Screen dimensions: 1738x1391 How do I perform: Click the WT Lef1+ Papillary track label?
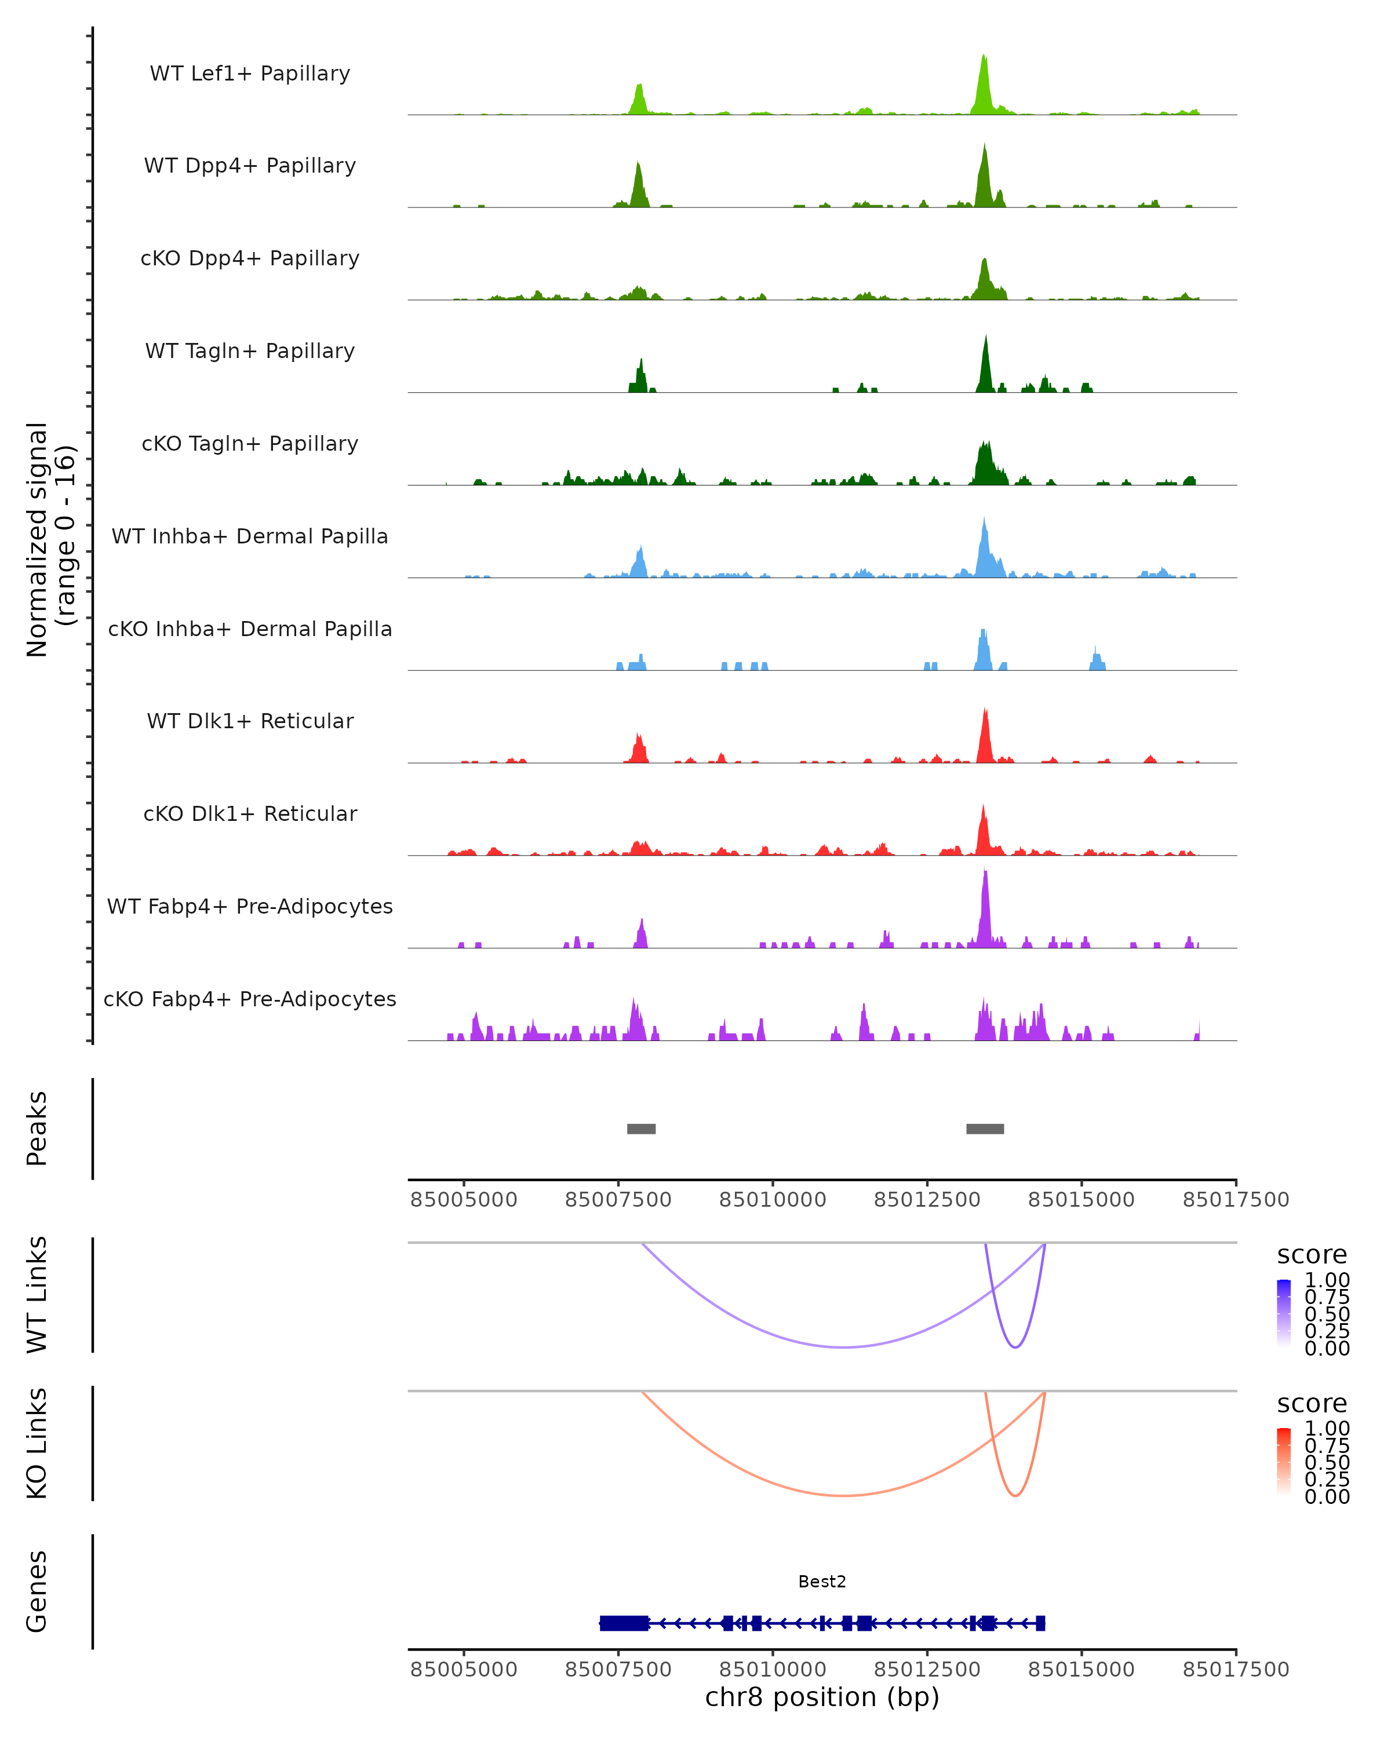[250, 74]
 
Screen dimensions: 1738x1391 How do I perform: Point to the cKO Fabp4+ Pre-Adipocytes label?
[250, 999]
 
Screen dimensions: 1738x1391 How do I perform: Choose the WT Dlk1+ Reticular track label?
[250, 721]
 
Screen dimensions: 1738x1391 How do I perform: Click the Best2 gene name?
[822, 1582]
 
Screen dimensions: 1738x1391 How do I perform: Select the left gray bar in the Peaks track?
[641, 1129]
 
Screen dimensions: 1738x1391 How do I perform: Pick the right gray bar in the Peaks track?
[985, 1129]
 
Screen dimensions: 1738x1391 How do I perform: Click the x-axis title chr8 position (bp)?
[822, 1697]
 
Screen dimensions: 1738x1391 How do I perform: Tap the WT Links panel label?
[37, 1295]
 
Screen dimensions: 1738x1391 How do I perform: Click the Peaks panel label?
[37, 1129]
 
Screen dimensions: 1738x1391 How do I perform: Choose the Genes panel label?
[37, 1591]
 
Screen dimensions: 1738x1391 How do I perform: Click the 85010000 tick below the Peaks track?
[773, 1200]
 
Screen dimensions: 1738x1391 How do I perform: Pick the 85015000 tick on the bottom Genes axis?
[1082, 1670]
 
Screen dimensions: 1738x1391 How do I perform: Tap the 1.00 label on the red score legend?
[1327, 1429]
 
